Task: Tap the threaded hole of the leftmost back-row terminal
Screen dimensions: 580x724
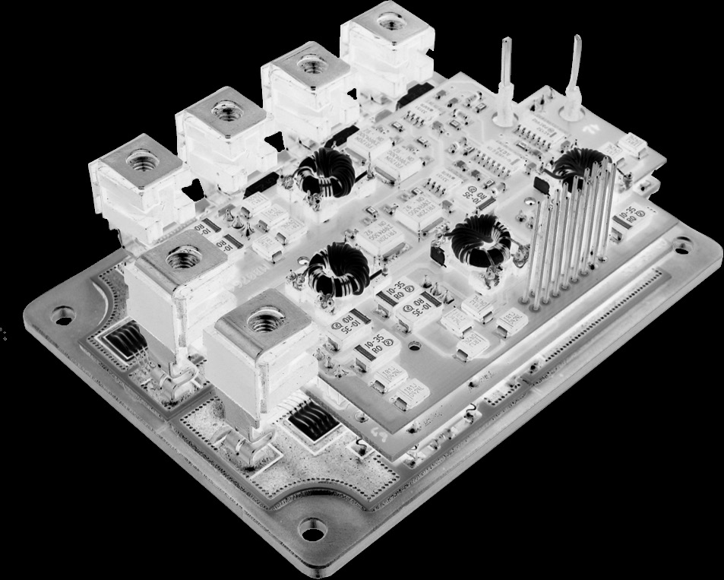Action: coord(141,160)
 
